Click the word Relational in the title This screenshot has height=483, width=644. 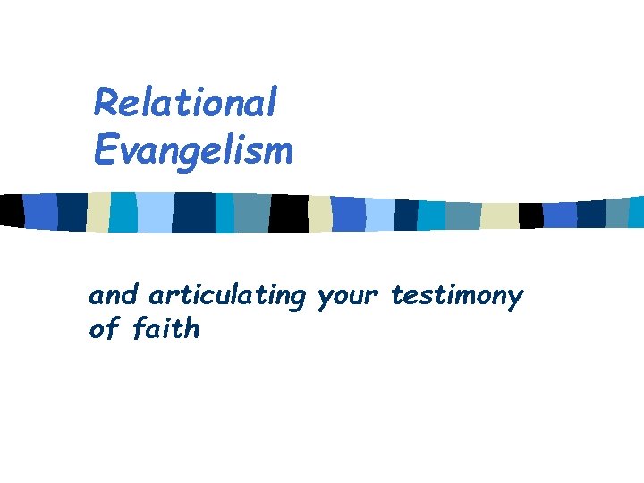tap(185, 104)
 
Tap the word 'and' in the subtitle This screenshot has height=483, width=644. tap(114, 295)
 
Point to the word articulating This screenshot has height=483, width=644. tap(227, 296)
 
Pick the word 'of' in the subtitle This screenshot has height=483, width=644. tap(104, 329)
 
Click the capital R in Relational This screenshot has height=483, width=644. tap(106, 104)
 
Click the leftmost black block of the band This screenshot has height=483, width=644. tap(11, 210)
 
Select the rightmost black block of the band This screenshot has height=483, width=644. tap(531, 215)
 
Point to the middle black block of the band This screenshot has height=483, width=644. tap(288, 213)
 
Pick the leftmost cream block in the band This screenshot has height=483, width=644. tap(98, 211)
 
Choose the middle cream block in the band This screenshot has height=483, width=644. tap(319, 214)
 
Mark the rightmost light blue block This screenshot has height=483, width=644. tap(380, 215)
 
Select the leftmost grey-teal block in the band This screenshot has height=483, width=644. tap(251, 213)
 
